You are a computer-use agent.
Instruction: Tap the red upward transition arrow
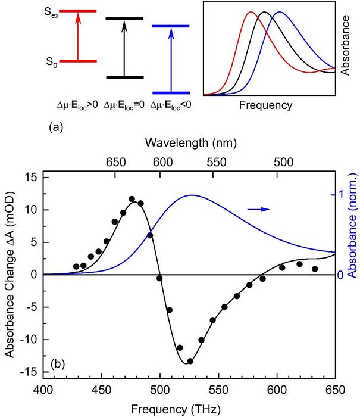pyautogui.click(x=77, y=36)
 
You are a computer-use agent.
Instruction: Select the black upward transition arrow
pyautogui.click(x=124, y=48)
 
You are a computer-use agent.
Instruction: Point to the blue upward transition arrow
pyautogui.click(x=171, y=60)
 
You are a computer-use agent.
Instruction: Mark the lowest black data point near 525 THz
pyautogui.click(x=190, y=361)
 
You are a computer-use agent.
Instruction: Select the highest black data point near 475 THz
pyautogui.click(x=132, y=199)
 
